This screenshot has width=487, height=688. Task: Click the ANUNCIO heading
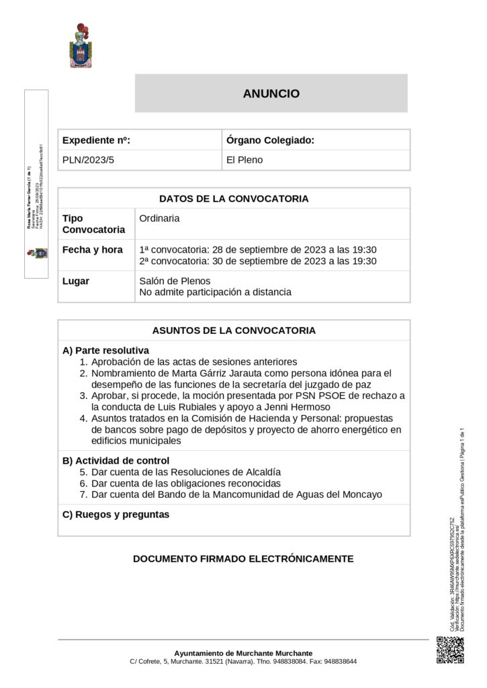271,94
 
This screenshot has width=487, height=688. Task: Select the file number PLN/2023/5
89,160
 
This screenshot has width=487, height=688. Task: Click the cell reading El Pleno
245,160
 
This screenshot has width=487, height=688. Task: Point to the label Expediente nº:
96,140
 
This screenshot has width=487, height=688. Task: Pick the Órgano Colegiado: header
270,140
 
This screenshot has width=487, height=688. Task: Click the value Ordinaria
159,218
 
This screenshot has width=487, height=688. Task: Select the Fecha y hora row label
93,249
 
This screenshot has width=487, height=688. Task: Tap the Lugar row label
76,281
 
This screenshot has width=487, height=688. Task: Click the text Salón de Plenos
175,281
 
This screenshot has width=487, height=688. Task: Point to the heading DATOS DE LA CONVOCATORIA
234,198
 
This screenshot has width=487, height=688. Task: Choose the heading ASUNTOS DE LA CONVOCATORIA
234,331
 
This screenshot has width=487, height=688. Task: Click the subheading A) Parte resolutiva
105,351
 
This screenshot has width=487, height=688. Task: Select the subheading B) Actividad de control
116,460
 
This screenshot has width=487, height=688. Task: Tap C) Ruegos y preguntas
116,515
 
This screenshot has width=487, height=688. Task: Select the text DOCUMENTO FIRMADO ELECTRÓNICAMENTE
242,558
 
